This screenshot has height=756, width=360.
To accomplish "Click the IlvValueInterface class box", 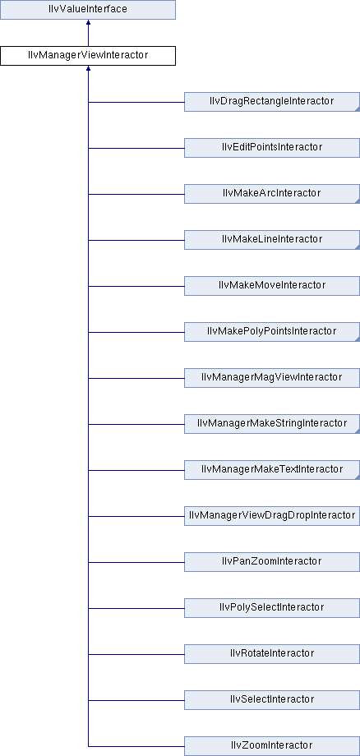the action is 88,10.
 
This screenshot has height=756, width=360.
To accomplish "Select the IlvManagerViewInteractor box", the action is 88,55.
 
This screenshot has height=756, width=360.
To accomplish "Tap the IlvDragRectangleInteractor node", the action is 272,102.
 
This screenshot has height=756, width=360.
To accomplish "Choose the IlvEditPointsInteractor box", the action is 272,148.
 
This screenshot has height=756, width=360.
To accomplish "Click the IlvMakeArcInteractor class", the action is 272,194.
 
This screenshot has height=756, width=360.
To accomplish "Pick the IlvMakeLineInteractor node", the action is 272,240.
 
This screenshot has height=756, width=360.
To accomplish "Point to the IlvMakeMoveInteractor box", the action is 272,286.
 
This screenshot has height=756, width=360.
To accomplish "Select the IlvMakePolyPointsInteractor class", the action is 272,332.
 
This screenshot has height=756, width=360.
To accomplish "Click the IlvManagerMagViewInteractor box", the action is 272,378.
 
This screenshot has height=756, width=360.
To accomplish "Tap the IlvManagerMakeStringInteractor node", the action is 272,424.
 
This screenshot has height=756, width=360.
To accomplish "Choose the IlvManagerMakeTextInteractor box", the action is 272,470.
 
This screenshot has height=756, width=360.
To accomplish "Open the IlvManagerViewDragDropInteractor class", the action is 272,516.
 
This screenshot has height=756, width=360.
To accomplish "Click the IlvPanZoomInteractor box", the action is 272,562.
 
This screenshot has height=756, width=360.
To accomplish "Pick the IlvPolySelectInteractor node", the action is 272,608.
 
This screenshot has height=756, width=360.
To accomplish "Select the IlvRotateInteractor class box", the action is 272,654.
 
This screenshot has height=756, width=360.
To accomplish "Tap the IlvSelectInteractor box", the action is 272,700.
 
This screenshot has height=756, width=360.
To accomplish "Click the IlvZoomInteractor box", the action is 272,746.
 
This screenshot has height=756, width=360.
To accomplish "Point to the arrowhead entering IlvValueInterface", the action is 88,22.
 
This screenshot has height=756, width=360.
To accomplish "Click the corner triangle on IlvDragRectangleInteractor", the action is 358,109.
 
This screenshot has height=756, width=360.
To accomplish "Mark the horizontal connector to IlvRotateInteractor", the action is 136,654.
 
